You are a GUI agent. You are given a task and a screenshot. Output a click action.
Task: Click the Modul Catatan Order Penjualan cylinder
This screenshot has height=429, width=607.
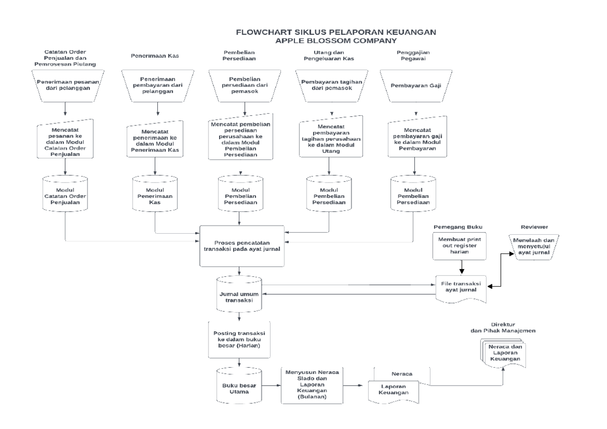pyautogui.click(x=66, y=194)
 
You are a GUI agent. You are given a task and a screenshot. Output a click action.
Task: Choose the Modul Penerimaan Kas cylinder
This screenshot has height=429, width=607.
pyautogui.click(x=155, y=194)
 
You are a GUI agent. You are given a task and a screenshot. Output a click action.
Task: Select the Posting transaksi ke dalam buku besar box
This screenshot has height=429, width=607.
pyautogui.click(x=239, y=339)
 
